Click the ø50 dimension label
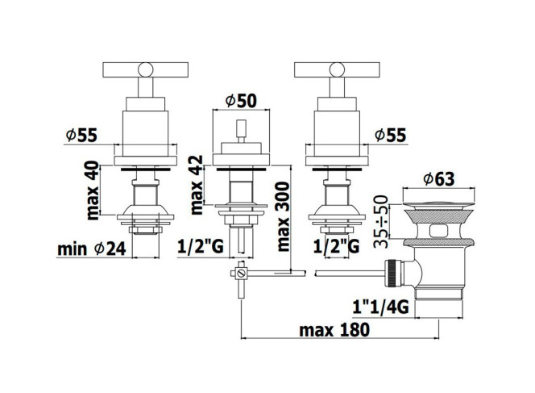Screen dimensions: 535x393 tap(241, 101)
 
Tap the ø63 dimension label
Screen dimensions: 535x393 tap(439, 178)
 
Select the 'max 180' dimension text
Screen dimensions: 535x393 tap(334, 330)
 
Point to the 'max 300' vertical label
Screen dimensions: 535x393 tap(283, 216)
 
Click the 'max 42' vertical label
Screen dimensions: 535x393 tap(196, 185)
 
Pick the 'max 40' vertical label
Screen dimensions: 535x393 tap(92, 190)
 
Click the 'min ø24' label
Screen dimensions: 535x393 tap(92, 249)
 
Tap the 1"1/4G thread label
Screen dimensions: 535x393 tap(380, 307)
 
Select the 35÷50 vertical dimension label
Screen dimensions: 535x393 tap(381, 221)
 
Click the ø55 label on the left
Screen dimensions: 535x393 tap(81, 136)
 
